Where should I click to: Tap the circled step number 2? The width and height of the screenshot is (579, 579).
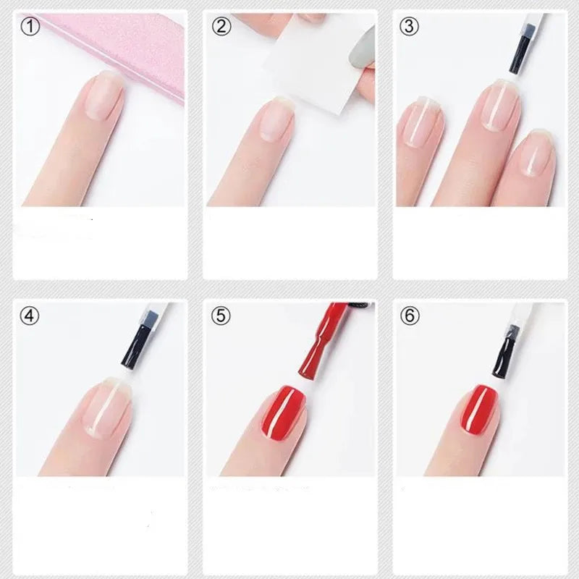point(221,27)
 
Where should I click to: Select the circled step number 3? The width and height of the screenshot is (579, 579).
point(410,27)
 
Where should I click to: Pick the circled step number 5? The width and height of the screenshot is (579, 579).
point(221,316)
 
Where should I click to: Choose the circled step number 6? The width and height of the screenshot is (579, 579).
point(410,316)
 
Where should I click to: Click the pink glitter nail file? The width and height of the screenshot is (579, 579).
point(138,51)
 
